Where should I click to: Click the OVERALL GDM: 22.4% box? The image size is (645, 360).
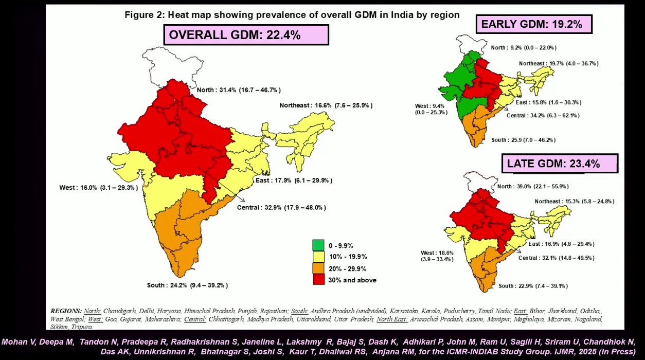click(x=246, y=35)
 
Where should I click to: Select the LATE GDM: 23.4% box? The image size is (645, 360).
click(x=560, y=164)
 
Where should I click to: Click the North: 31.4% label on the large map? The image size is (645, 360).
click(x=238, y=90)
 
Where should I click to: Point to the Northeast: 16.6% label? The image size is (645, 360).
click(x=326, y=105)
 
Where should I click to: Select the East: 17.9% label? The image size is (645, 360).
click(x=294, y=181)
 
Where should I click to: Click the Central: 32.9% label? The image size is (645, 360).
click(x=281, y=207)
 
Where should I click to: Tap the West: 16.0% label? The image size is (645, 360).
click(x=99, y=188)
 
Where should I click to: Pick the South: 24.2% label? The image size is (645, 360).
click(x=187, y=285)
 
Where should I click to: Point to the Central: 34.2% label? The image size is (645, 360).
click(x=543, y=115)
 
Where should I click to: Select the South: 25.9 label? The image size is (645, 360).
click(x=523, y=140)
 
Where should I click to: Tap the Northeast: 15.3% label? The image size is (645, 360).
click(x=574, y=201)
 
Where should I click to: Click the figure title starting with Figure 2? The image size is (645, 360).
click(x=292, y=15)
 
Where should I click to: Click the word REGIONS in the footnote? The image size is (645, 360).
click(x=66, y=311)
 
